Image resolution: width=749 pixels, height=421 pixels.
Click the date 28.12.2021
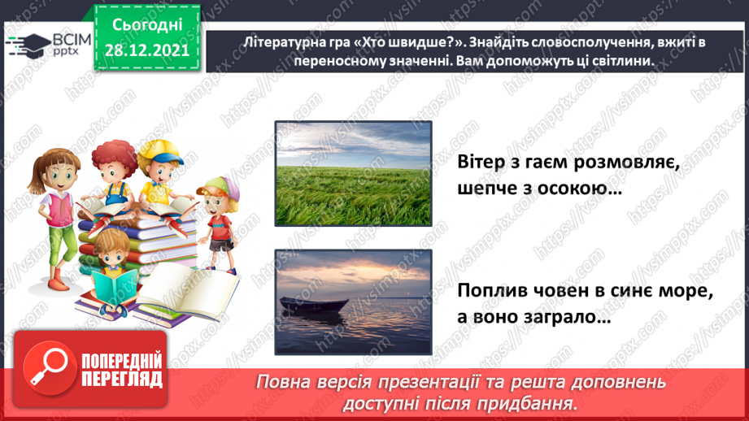point(146,50)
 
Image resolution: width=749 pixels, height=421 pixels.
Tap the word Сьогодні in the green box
point(147,25)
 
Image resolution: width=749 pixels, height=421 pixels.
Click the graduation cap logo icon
point(28,46)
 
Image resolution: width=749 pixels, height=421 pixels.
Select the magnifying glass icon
point(50,367)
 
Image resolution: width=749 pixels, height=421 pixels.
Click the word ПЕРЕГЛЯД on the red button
point(122,380)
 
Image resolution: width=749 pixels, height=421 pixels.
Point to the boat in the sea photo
point(314,305)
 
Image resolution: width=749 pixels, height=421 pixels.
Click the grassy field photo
point(354,173)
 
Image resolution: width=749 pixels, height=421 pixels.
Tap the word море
point(686,291)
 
